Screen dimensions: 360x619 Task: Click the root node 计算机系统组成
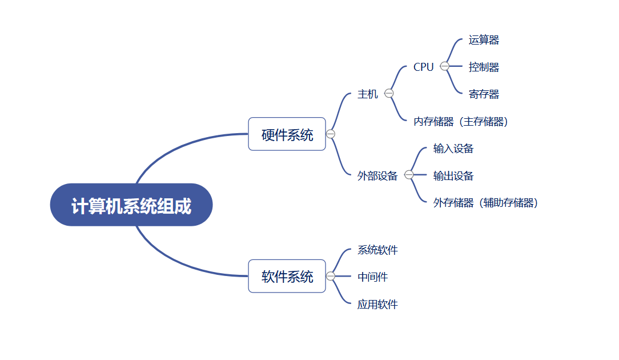131,205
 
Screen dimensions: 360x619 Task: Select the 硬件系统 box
287,134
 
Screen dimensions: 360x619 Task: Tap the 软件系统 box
287,277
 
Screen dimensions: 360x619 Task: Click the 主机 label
368,94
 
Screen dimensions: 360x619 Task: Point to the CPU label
424,67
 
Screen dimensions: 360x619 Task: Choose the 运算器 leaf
484,40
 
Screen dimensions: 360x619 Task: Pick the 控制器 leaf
484,67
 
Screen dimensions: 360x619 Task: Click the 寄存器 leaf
484,94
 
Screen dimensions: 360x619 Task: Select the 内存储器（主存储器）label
461,121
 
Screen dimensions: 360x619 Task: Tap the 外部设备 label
377,175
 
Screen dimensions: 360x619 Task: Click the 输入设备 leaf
453,149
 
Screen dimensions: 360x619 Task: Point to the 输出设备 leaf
453,175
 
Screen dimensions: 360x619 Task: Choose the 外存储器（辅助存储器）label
485,202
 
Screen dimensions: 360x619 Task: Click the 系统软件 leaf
377,250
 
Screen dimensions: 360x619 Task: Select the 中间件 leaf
372,277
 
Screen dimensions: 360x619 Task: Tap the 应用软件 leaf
377,304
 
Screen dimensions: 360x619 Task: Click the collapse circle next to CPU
445,66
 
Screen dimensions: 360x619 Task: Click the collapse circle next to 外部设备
409,175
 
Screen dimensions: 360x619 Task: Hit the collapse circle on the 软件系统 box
331,276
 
